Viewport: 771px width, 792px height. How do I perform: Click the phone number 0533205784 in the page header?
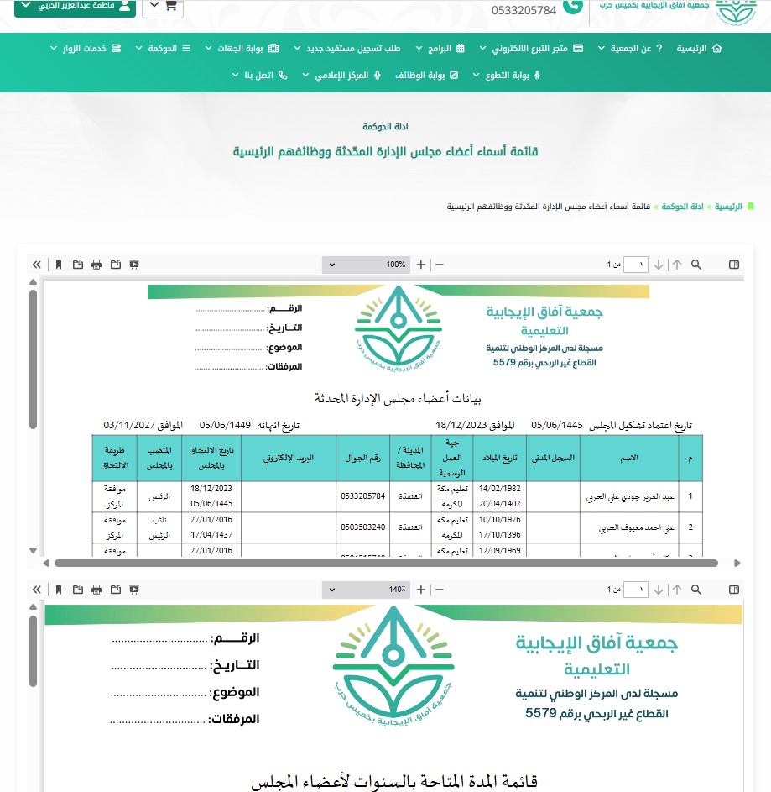click(524, 10)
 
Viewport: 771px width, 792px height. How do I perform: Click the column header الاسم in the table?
click(628, 458)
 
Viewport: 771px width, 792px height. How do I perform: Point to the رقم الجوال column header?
click(363, 458)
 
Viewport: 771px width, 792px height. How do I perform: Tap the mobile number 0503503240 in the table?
click(363, 527)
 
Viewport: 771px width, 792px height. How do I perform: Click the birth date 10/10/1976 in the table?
click(500, 520)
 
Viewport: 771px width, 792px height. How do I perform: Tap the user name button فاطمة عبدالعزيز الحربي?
click(75, 6)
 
